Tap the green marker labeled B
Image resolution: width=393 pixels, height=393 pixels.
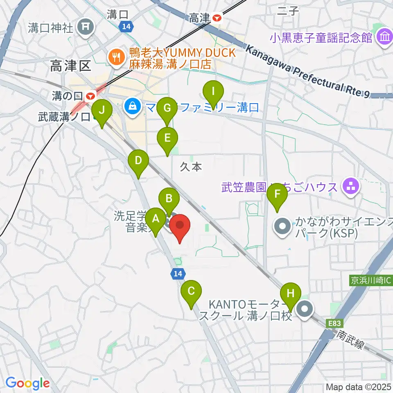169,199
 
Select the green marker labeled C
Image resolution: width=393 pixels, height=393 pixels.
191,291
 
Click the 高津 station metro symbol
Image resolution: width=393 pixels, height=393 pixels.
217,18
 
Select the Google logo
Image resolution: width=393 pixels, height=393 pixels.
28,383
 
